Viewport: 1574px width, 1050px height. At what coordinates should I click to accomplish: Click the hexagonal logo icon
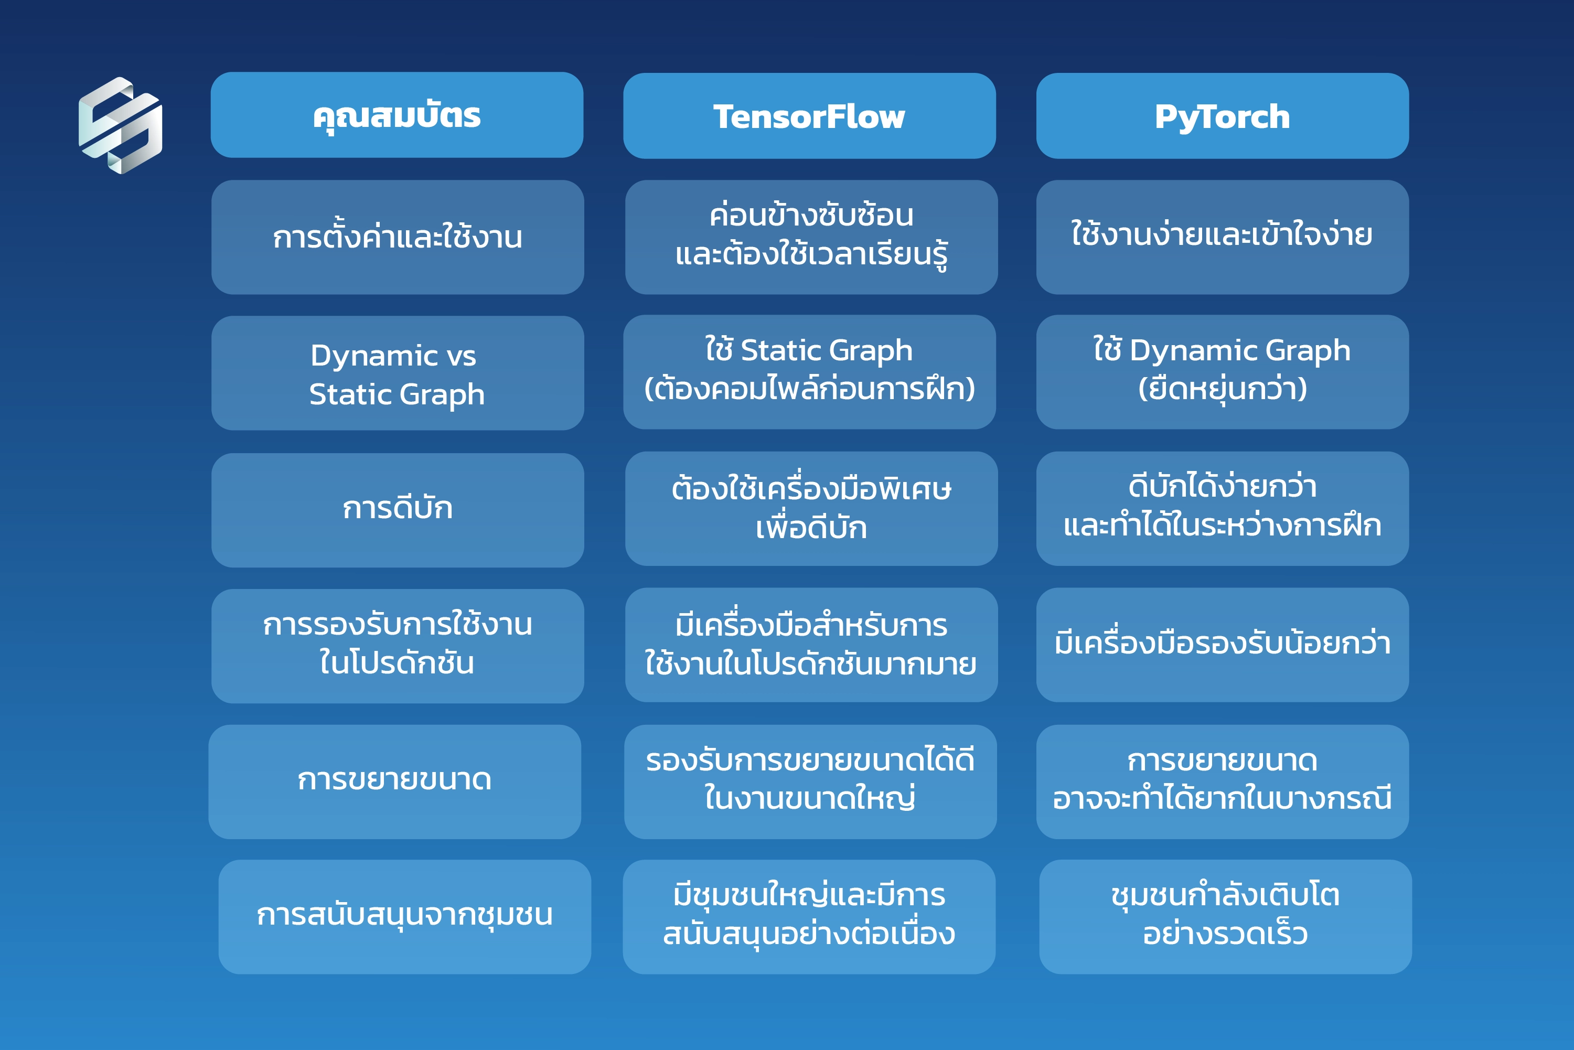[121, 125]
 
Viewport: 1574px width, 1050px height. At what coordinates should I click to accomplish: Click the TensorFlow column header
[809, 116]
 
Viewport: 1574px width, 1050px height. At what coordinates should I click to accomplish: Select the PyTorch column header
[1223, 116]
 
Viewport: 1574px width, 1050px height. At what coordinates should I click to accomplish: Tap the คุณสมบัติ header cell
[397, 115]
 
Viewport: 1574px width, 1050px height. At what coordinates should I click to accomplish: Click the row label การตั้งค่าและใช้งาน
[398, 237]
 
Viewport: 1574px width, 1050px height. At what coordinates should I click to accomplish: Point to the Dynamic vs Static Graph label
[398, 373]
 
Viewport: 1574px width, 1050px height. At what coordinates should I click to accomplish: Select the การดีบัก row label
[398, 510]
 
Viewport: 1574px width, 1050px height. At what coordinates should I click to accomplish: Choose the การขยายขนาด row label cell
[395, 781]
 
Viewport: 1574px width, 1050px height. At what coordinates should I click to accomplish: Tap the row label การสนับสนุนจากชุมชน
[405, 917]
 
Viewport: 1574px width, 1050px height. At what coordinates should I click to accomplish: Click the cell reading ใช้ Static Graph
[809, 372]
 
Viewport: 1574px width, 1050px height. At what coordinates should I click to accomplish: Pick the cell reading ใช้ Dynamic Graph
[1223, 372]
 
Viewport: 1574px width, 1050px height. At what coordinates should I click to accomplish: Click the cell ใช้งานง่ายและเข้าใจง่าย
[1223, 237]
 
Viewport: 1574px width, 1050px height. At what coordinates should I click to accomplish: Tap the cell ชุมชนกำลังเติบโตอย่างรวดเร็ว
[1226, 917]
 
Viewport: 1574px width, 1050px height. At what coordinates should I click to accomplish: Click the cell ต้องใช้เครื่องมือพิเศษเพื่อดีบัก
[811, 508]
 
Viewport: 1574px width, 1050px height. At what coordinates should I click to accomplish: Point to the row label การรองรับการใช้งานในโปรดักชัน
[398, 646]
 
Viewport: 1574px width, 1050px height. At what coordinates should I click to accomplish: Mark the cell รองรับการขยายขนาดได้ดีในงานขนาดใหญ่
[810, 781]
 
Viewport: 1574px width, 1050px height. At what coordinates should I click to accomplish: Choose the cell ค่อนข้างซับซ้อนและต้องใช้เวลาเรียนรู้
[811, 237]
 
